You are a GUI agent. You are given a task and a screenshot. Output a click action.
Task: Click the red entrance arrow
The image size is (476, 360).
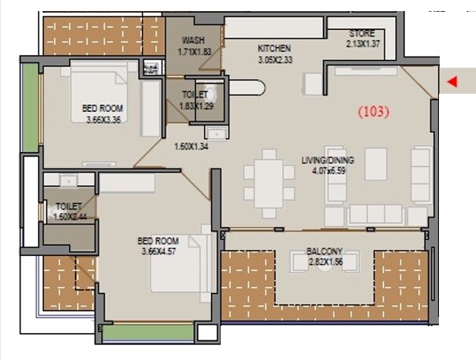[452, 81]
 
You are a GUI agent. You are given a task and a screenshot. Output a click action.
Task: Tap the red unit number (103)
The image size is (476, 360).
[374, 112]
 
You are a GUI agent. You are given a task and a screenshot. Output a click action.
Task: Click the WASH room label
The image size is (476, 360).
[193, 40]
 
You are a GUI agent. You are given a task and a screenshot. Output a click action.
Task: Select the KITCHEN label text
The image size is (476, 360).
[274, 48]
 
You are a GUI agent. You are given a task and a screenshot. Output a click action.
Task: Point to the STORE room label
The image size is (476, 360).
[363, 33]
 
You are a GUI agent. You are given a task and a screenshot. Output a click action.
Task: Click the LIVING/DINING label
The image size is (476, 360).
[328, 160]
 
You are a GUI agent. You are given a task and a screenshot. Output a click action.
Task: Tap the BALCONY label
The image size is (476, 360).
[324, 252]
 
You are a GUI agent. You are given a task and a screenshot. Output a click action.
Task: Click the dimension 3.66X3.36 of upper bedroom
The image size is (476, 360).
[104, 121]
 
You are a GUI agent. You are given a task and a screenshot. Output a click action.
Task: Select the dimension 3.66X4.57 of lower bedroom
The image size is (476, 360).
[158, 252]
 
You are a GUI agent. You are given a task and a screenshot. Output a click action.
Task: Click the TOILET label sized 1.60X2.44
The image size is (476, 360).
[62, 206]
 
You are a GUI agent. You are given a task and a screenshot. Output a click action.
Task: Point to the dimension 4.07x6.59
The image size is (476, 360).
[328, 169]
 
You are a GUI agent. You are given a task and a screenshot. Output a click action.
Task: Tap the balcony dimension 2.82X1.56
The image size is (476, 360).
[324, 262]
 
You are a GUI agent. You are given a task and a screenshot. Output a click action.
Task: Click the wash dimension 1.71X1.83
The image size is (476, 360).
[194, 50]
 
